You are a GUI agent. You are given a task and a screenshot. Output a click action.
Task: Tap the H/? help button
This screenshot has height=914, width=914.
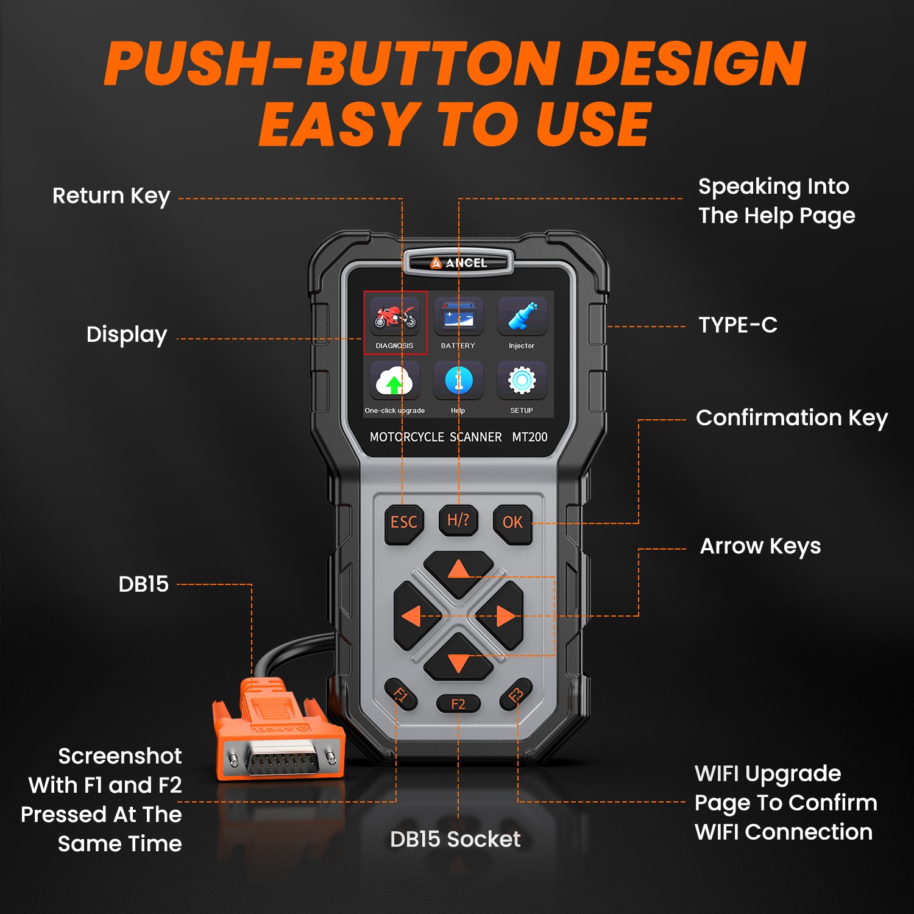[458, 520]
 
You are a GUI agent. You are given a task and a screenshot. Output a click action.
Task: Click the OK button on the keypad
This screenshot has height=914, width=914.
[512, 523]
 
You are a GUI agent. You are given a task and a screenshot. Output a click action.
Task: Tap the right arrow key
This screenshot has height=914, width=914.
[499, 616]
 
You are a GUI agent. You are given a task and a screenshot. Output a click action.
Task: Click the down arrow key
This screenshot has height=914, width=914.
[458, 658]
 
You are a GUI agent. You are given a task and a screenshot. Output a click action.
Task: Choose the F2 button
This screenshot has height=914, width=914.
[458, 704]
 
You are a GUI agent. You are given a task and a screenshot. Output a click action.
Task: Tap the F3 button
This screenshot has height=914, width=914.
[515, 695]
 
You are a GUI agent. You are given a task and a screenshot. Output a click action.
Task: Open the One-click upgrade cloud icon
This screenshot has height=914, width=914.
[395, 381]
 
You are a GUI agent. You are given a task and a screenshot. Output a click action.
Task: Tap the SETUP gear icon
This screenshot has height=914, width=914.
[522, 381]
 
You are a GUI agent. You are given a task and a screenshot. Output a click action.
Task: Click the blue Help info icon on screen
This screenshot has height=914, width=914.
[458, 381]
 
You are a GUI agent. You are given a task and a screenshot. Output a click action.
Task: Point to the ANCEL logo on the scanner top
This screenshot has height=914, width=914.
[458, 263]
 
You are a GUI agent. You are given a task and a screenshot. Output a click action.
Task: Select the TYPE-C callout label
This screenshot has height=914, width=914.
[738, 325]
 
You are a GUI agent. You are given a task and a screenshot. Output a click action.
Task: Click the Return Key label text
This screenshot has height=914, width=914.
[112, 196]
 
